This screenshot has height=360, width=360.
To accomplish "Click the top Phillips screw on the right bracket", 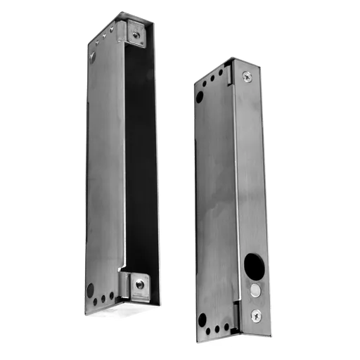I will coord(247,77).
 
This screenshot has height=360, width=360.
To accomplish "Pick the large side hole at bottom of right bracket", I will coord(202,319).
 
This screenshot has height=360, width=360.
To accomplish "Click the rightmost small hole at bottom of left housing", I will coord(112,297).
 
